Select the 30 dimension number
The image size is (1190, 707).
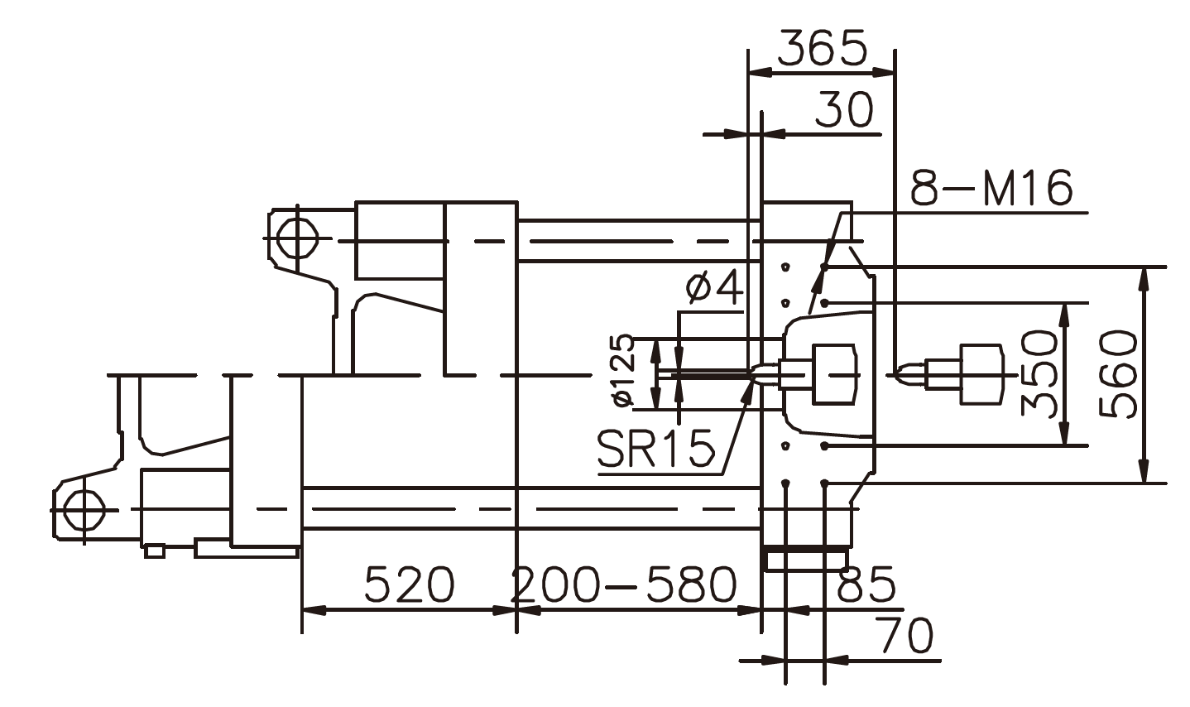(x=844, y=110)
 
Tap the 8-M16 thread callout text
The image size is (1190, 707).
(x=991, y=188)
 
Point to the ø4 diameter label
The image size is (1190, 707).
(x=714, y=288)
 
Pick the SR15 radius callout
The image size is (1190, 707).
(x=655, y=450)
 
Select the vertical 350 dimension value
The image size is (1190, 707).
(x=1039, y=373)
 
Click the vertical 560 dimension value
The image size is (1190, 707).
(x=1117, y=374)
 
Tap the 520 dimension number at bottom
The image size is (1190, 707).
(x=410, y=584)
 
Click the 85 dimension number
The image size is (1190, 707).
(x=866, y=584)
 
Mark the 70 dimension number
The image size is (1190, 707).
(x=905, y=636)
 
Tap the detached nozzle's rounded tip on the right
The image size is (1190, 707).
(x=904, y=373)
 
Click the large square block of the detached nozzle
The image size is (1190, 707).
(x=981, y=373)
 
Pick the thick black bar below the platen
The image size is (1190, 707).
(x=806, y=548)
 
